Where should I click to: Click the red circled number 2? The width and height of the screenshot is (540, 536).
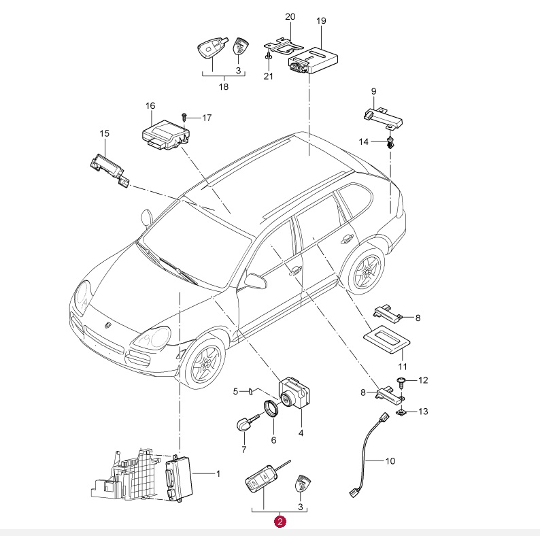[280, 521]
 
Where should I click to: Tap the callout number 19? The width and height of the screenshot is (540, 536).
[321, 21]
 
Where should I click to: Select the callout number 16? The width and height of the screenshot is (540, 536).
[150, 105]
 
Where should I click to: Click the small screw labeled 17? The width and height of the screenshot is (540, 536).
[184, 117]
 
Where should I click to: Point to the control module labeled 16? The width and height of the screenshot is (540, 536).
[167, 135]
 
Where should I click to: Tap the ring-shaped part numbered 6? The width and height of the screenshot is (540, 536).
[272, 409]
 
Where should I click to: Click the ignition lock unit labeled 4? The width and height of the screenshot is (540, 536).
[294, 393]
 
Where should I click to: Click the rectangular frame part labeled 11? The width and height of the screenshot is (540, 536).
[387, 339]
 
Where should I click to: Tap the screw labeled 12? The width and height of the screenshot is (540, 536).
[401, 382]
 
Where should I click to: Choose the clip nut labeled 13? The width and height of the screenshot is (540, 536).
[401, 412]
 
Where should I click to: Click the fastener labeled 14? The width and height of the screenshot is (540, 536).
[390, 142]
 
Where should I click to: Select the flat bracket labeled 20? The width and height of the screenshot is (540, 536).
[283, 46]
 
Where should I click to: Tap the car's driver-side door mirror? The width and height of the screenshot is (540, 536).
[255, 280]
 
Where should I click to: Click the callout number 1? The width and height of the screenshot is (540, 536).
[218, 473]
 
